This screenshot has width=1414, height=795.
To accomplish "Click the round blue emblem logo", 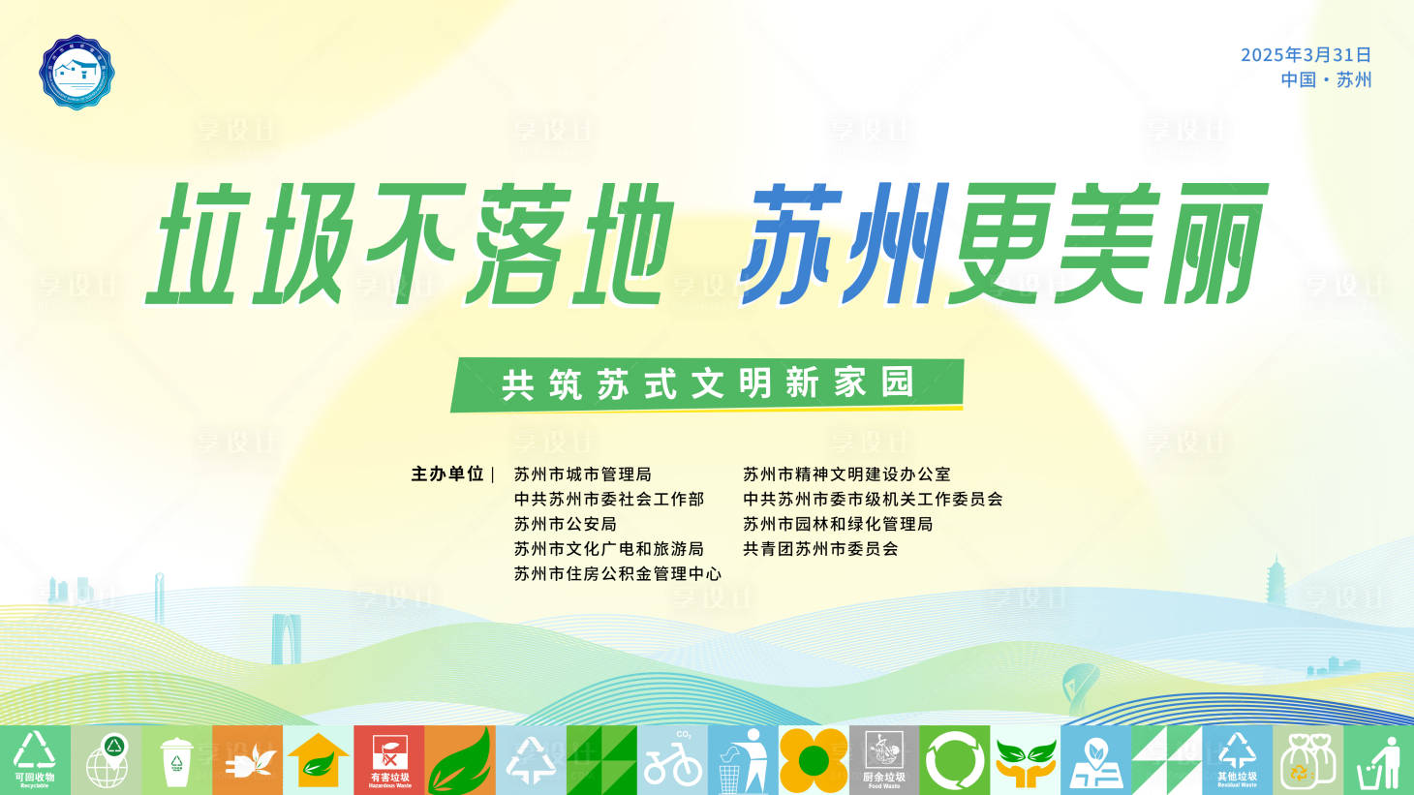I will coord(77,73).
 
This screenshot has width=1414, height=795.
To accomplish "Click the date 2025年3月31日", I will coord(1306,55).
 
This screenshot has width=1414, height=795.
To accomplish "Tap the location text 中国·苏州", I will coord(1326,80).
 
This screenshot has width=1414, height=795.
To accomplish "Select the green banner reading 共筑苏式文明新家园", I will coord(707,384).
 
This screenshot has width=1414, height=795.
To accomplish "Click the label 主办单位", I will coord(446,474).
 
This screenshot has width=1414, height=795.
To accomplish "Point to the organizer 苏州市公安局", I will coord(566,524).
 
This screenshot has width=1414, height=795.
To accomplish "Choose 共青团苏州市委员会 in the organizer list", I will coord(820,549).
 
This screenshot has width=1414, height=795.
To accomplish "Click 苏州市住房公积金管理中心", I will coord(618,574).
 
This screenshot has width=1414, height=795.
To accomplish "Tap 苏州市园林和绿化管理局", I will coord(838,524).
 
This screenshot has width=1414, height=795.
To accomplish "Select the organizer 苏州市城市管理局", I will coord(583,474).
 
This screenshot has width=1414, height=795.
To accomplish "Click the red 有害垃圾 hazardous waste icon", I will coord(389,760).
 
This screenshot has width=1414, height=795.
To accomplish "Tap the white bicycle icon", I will coord(673,762).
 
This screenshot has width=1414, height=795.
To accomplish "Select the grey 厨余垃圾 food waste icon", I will coord(884,760).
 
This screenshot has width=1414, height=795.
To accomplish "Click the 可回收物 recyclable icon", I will coord(35,760).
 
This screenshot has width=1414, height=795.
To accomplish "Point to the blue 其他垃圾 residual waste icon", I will coord(1237,760).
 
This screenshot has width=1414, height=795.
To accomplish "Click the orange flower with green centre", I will coord(814,760).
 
